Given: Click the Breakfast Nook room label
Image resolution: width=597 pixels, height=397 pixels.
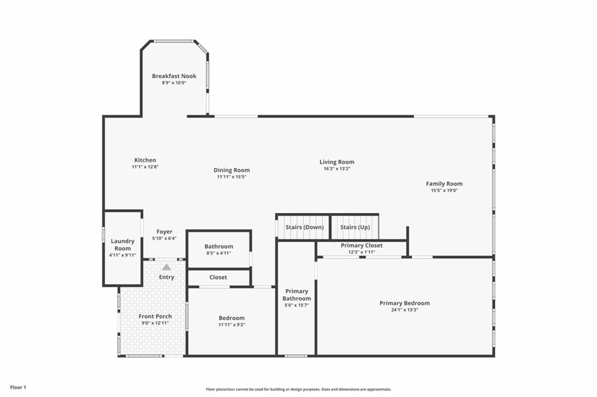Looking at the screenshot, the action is [x=174, y=76].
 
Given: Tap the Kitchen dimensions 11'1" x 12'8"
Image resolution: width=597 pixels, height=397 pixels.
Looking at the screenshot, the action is [x=145, y=167].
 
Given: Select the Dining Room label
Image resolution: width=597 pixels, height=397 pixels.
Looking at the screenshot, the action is [x=231, y=170].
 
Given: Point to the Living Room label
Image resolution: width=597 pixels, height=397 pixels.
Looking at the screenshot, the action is [x=336, y=161].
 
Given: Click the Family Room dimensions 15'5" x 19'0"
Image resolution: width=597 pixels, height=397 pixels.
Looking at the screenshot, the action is [x=444, y=190].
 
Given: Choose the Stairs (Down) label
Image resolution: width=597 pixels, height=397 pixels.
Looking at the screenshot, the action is [x=304, y=227].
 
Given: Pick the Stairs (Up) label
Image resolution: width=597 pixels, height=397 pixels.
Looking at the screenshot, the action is [x=355, y=227].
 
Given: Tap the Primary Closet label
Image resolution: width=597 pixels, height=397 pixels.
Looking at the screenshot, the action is [x=361, y=245].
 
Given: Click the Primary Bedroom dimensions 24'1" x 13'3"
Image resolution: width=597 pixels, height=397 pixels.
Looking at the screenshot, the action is [x=405, y=310].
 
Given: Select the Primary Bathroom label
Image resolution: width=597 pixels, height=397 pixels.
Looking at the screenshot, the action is [x=297, y=294].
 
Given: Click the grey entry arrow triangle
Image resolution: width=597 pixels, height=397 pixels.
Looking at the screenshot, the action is [x=166, y=267].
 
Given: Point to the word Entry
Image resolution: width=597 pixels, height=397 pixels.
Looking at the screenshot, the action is [x=166, y=277].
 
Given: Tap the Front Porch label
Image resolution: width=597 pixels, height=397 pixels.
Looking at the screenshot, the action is [x=155, y=317].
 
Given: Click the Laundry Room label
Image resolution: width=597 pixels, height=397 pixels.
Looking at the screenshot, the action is [x=122, y=244].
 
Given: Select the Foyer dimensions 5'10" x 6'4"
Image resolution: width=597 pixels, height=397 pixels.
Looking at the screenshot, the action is [x=164, y=238].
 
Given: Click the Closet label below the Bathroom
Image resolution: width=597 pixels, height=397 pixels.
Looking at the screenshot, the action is [x=218, y=277].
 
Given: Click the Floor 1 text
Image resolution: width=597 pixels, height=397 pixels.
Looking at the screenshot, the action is [x=18, y=388].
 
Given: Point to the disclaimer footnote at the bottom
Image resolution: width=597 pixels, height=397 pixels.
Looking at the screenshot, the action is [x=298, y=389].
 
